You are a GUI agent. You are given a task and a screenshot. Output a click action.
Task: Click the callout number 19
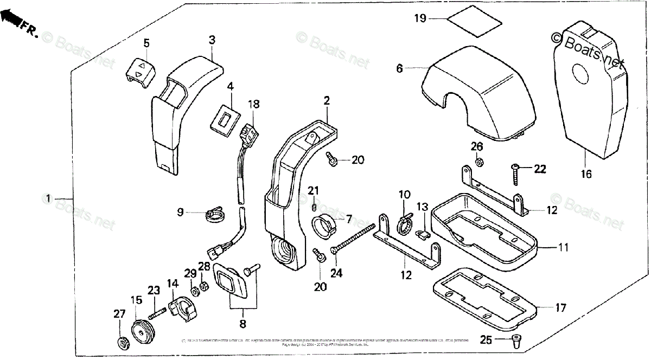pyautogui.click(x=420, y=18)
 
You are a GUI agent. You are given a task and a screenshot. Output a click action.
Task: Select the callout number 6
pyautogui.click(x=400, y=68)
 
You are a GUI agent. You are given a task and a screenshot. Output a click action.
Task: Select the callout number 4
pyautogui.click(x=230, y=86)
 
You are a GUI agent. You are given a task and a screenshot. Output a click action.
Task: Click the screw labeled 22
pyautogui.click(x=516, y=175)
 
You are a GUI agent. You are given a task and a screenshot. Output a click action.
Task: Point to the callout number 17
pyautogui.click(x=560, y=308)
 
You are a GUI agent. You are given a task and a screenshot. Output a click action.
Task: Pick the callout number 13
pyautogui.click(x=423, y=207)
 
